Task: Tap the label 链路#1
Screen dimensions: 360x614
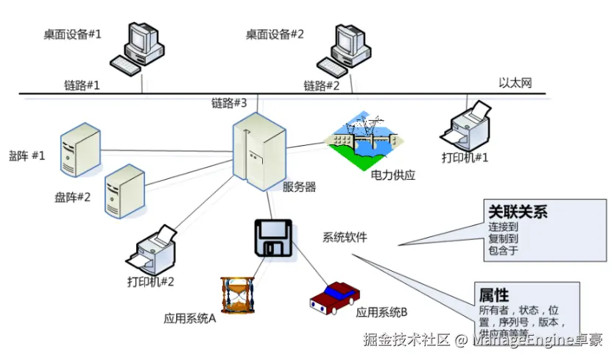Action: [x=82, y=85]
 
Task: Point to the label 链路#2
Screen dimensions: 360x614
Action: [x=322, y=85]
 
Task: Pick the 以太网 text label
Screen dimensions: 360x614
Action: [x=515, y=83]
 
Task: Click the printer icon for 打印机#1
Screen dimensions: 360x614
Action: [x=465, y=125]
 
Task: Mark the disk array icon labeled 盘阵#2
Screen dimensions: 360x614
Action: [x=124, y=191]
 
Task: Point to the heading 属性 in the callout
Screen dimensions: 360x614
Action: [x=494, y=295]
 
